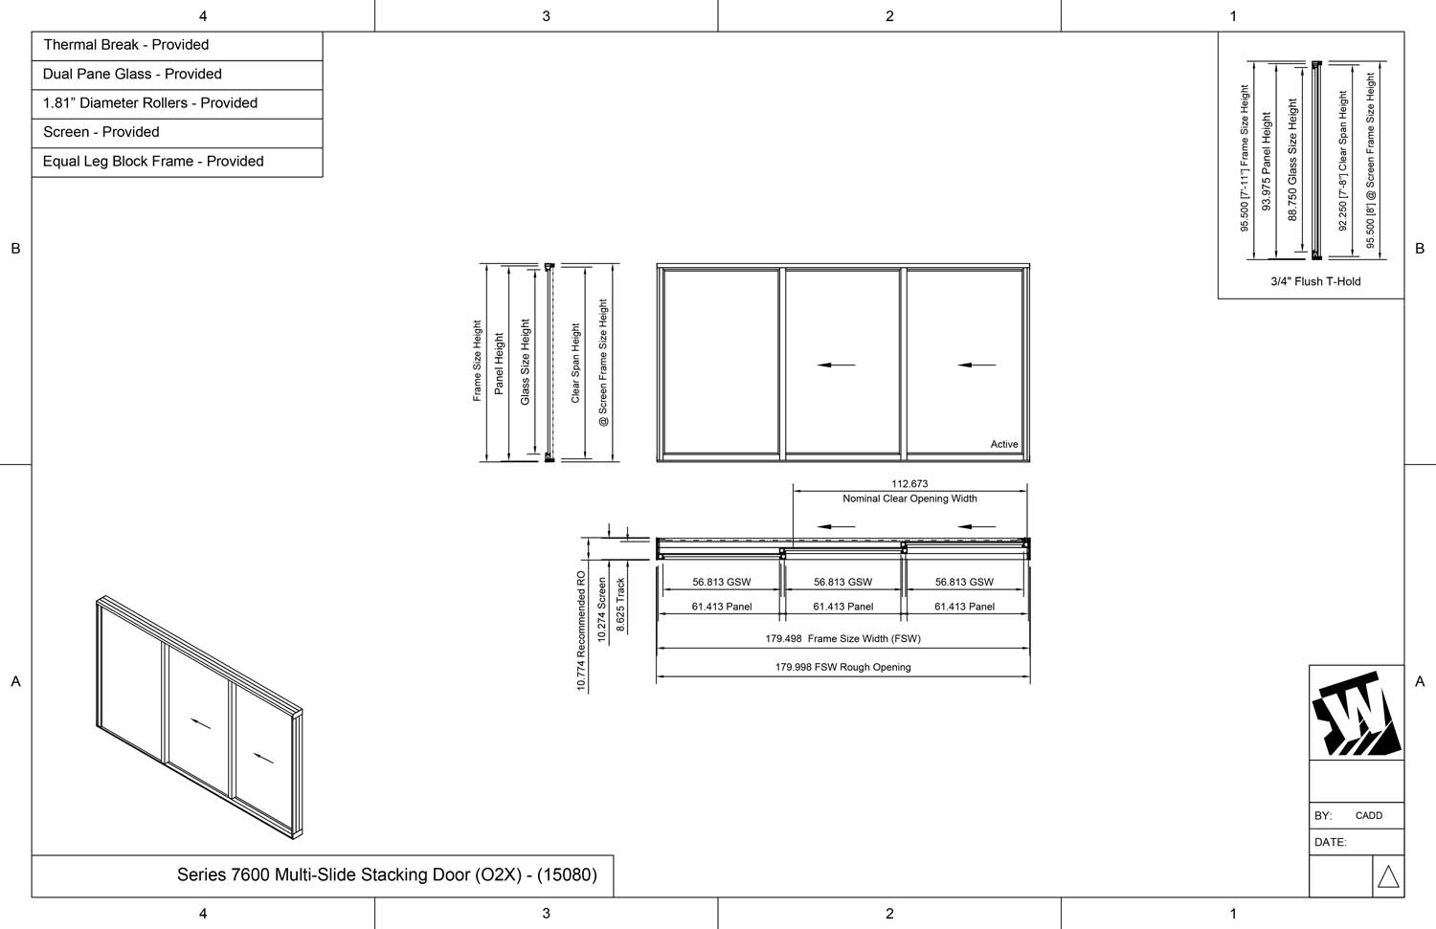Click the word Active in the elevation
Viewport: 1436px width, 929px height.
1004,444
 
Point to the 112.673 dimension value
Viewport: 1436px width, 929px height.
909,484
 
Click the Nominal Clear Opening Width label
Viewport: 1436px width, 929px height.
909,498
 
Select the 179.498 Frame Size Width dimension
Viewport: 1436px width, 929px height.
842,638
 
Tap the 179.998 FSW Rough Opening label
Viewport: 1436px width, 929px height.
842,667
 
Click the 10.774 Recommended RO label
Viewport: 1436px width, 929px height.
581,631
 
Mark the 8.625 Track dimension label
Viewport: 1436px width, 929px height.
620,605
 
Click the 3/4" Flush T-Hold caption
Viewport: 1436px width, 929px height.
1315,281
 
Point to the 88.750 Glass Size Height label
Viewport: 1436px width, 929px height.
1292,161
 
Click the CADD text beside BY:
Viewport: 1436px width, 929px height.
1369,816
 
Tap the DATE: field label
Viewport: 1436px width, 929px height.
1331,842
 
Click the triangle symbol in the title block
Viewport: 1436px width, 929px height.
1388,877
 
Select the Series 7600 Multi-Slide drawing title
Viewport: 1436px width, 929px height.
387,874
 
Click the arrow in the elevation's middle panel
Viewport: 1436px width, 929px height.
836,365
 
